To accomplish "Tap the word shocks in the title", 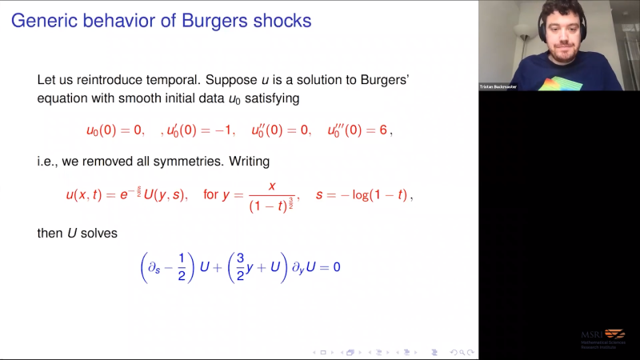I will coord(282,19).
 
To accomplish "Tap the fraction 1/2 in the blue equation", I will coord(182,265).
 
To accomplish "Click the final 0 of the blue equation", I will coord(337,266).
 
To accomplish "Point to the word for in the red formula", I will coord(210,194).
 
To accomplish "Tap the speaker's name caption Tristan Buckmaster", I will coord(498,86).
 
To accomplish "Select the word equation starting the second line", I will coord(64,99).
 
